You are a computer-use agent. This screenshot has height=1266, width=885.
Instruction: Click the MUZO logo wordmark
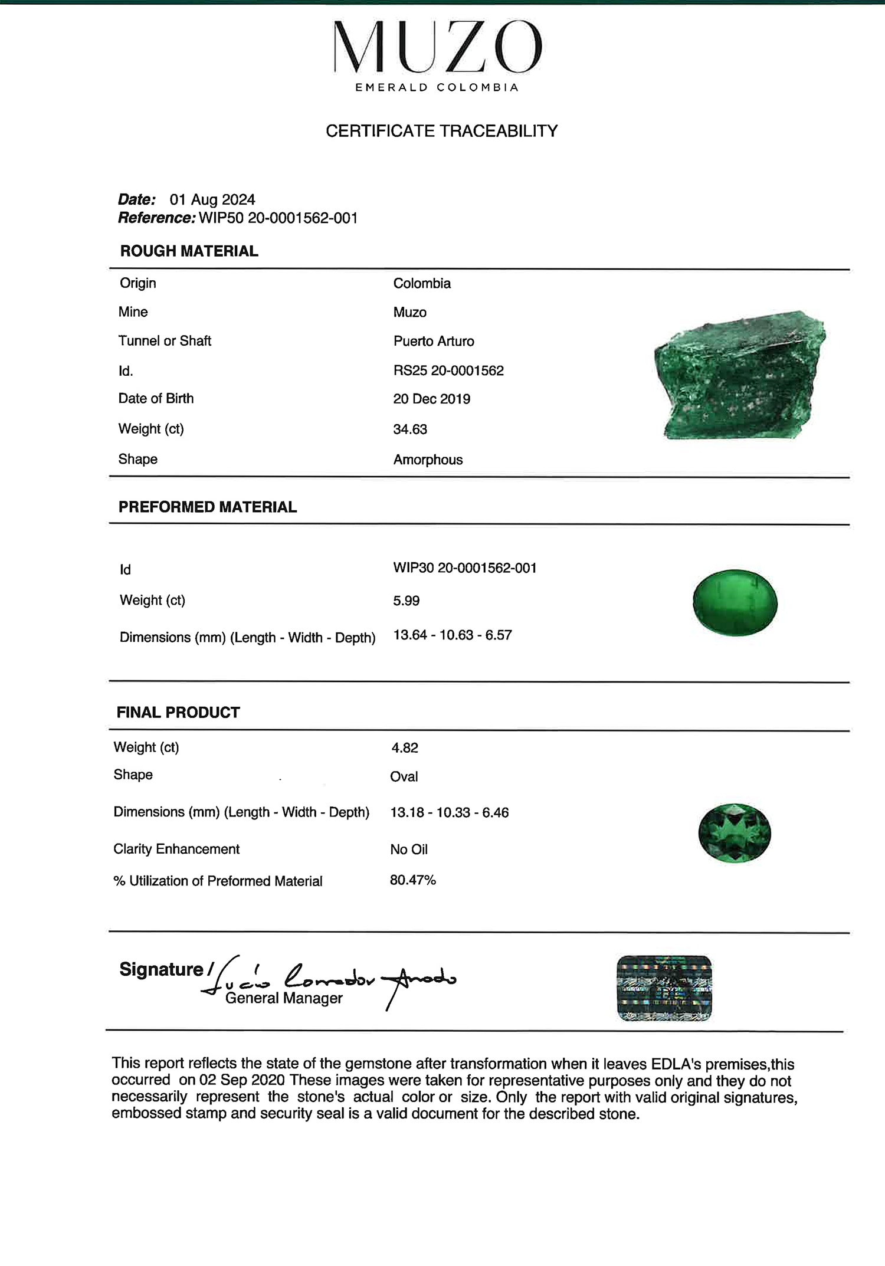click(438, 47)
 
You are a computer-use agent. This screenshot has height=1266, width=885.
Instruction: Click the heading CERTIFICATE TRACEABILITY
click(441, 131)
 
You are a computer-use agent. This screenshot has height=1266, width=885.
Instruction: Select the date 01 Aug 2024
click(212, 199)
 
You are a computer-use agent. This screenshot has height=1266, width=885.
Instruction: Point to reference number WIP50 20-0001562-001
click(278, 218)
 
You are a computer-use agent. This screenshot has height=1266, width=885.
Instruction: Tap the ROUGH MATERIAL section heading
click(189, 251)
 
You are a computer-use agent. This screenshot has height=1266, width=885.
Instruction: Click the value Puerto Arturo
click(434, 342)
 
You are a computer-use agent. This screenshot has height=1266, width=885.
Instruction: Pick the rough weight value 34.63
click(410, 429)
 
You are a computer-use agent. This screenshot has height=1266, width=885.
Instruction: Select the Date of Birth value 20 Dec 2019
click(431, 399)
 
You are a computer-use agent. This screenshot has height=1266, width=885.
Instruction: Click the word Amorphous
click(428, 460)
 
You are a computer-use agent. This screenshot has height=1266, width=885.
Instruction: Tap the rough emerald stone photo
click(739, 375)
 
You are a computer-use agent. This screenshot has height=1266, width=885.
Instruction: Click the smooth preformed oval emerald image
click(735, 602)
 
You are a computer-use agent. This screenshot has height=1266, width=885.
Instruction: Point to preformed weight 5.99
click(406, 601)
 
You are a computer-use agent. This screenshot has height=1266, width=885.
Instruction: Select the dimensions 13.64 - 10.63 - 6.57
click(453, 635)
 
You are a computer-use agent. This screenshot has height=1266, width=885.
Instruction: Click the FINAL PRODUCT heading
click(178, 713)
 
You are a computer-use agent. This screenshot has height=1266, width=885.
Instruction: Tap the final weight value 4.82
click(405, 748)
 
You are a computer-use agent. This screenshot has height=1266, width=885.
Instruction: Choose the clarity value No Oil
click(409, 850)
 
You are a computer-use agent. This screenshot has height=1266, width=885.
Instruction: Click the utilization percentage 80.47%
click(412, 880)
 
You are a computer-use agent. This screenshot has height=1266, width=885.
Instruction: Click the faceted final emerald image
click(735, 833)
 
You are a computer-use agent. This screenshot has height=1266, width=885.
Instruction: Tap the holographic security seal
click(664, 988)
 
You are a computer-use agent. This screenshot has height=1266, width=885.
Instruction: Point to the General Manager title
click(284, 998)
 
